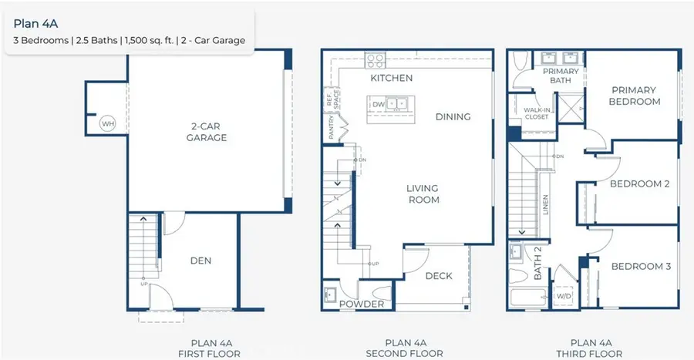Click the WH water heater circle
107,123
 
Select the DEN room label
200,261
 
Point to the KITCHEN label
391,78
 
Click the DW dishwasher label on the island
379,103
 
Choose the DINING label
453,116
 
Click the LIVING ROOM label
423,193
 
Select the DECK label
439,276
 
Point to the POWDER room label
362,304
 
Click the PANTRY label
331,127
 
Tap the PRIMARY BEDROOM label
634,96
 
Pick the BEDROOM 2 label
639,183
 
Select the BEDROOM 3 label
640,267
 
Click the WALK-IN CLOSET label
536,113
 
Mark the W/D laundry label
564,295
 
